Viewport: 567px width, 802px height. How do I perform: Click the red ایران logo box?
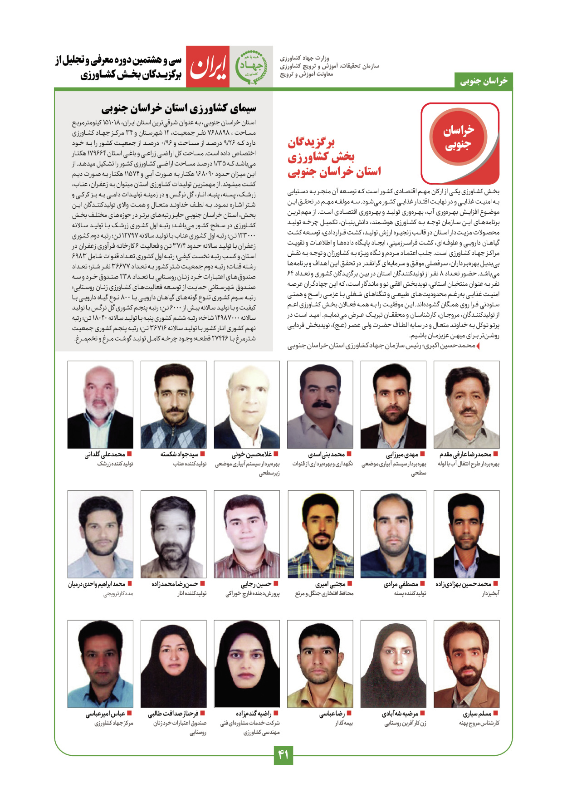pyautogui.click(x=208, y=67)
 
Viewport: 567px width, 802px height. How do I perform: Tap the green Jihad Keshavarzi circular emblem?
pyautogui.click(x=251, y=67)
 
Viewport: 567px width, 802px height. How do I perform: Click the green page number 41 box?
pyautogui.click(x=283, y=755)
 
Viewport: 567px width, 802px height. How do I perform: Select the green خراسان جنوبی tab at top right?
pyautogui.click(x=484, y=81)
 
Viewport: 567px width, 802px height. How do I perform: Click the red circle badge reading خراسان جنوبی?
pyautogui.click(x=458, y=137)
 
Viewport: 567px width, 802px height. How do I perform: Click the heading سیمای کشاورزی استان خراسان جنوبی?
pyautogui.click(x=179, y=108)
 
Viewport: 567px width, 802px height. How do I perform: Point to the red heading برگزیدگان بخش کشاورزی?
pyautogui.click(x=334, y=157)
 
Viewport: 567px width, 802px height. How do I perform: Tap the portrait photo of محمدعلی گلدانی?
pyautogui.click(x=100, y=405)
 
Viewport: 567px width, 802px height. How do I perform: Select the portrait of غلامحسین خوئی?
pyautogui.click(x=247, y=405)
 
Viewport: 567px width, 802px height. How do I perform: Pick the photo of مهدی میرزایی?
pyautogui.click(x=393, y=405)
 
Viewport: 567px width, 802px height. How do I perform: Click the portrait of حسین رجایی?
pyautogui.click(x=247, y=534)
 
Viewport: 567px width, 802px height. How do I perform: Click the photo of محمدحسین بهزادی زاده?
pyautogui.click(x=466, y=534)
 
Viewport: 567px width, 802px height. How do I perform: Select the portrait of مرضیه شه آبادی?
pyautogui.click(x=393, y=664)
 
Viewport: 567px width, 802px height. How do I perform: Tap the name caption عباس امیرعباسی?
pyautogui.click(x=105, y=714)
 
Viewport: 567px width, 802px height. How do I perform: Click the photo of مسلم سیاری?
pyautogui.click(x=466, y=664)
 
